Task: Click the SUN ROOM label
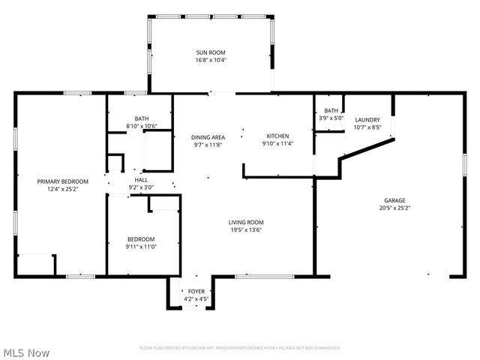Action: coord(211,52)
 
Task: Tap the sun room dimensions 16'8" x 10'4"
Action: coord(211,60)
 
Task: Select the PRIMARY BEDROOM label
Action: coord(63,181)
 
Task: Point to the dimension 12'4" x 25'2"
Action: coord(63,189)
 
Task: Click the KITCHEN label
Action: coord(277,136)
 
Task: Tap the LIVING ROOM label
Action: coord(246,222)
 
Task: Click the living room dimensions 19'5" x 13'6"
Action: coord(246,229)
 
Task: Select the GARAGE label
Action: coord(394,200)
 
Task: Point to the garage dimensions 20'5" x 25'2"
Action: coord(394,208)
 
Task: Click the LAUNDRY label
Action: coord(367,120)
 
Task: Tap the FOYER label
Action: coord(196,291)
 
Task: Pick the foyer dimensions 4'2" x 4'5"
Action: coord(196,298)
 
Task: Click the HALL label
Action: coord(141,180)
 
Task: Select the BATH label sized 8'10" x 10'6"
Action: coord(142,118)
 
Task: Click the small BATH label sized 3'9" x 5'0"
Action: coord(331,110)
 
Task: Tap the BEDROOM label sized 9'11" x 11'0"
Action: coord(140,239)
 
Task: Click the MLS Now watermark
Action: coord(27,352)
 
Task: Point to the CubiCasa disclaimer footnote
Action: coord(240,348)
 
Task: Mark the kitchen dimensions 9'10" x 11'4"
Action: coord(277,143)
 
